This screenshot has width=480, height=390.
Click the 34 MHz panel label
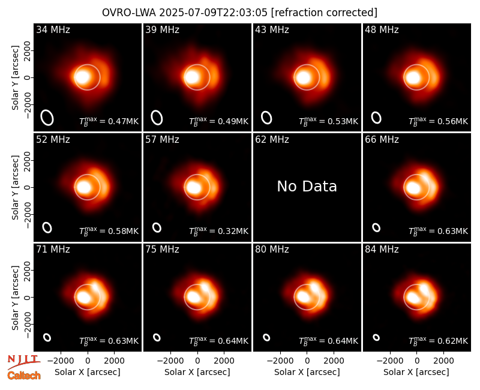coord(53,29)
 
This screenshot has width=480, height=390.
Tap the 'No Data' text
coord(307,186)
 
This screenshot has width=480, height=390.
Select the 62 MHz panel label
coord(272,140)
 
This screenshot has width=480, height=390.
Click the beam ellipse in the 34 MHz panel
coord(47,118)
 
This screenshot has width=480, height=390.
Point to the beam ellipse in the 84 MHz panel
coord(376,337)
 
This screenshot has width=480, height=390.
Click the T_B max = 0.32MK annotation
coord(218,231)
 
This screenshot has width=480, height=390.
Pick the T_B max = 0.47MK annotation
coord(109,121)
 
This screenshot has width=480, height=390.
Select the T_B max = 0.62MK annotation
coord(439,341)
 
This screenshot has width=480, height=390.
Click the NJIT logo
coord(23,362)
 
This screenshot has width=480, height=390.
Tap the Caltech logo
coord(24,376)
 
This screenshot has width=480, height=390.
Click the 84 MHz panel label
coord(382,250)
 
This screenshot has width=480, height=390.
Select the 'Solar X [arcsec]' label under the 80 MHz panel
coord(307,372)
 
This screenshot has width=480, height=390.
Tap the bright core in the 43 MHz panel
coord(304,77)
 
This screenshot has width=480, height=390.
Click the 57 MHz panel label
coord(162,140)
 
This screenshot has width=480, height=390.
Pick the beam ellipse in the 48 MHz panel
coord(376,118)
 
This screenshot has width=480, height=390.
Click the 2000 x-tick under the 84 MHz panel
coord(443,361)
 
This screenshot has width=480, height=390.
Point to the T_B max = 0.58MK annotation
coord(109,231)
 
